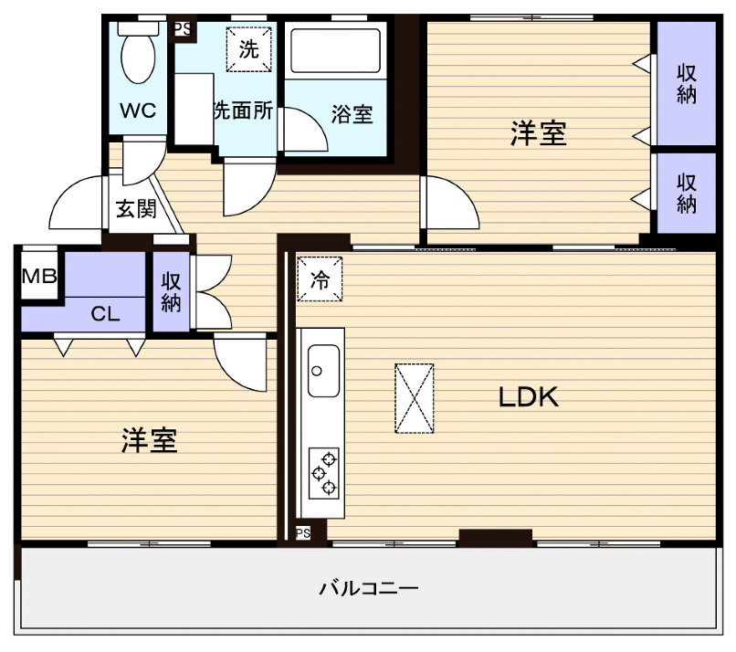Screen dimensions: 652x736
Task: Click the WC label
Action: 139,110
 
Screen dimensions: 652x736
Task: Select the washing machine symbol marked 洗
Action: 249,51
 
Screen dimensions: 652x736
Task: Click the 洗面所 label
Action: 243,110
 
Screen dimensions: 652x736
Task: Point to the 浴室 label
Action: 352,115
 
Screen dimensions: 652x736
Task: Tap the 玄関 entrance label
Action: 135,209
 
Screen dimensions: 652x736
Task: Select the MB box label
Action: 39,276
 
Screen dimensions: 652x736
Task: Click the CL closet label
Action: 106,315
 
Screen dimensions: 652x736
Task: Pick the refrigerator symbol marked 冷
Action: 320,279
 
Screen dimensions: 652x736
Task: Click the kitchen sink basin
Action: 323,371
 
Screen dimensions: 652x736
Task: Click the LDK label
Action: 528,397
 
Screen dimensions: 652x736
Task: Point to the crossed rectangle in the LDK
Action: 414,397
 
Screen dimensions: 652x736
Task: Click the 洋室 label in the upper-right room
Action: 538,134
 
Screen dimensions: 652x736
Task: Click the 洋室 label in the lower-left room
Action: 149,440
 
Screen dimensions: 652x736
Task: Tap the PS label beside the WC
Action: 183,28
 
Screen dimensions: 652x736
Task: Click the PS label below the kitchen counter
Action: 303,532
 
